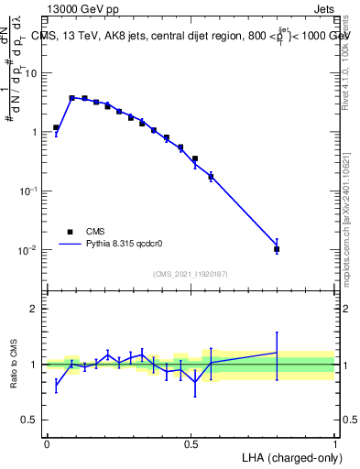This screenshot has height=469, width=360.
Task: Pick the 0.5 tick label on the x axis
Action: [191, 443]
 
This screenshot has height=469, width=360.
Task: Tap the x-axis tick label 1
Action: [335, 443]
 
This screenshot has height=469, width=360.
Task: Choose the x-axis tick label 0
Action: [47, 443]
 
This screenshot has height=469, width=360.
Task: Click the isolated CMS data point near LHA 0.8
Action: [277, 249]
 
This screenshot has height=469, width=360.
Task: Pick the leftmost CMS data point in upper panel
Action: [56, 127]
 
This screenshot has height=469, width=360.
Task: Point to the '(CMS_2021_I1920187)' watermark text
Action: [191, 273]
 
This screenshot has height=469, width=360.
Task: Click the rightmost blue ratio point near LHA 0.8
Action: [277, 353]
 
